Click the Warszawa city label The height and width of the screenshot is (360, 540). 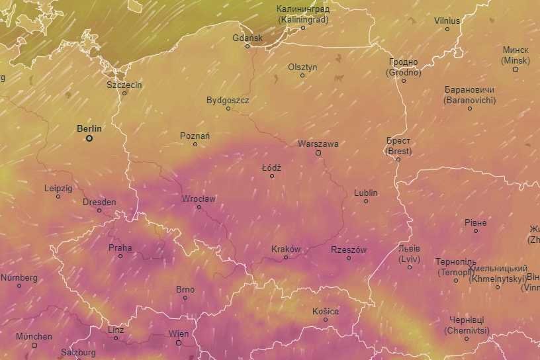(x=318, y=144)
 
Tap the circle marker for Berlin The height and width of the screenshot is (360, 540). (x=89, y=138)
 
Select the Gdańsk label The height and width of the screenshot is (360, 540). (x=247, y=38)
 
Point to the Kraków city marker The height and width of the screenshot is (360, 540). (x=286, y=257)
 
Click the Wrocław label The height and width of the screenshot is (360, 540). (x=199, y=199)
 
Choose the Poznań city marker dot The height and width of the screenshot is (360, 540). (x=195, y=144)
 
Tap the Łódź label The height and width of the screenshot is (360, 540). (x=271, y=167)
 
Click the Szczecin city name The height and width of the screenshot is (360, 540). (x=124, y=85)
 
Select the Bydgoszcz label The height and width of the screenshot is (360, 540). (x=228, y=100)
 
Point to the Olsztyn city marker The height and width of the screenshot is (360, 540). (x=302, y=75)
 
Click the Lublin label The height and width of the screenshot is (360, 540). (x=365, y=193)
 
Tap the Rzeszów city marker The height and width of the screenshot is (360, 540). (x=349, y=257)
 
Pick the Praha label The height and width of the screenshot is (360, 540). (x=120, y=248)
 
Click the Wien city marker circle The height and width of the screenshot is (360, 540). (x=179, y=343)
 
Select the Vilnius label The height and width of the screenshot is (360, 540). (x=447, y=21)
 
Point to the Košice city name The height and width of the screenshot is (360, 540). (x=326, y=311)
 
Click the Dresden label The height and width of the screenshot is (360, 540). (x=99, y=202)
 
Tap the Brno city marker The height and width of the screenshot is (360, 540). (x=185, y=298)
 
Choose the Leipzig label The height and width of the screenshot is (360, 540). (x=58, y=188)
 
